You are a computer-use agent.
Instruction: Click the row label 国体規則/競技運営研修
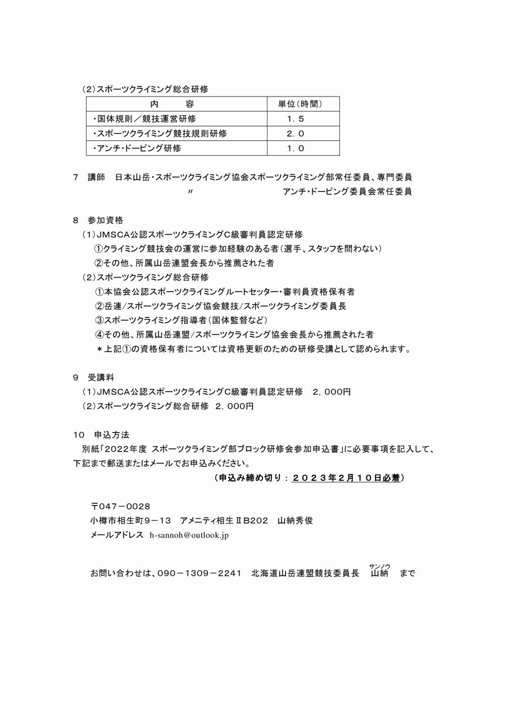144,119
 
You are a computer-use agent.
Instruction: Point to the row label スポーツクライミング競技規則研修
160,134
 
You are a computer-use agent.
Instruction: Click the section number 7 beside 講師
76,177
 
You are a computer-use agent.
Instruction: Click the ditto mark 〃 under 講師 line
191,192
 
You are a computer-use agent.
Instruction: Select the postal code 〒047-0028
120,506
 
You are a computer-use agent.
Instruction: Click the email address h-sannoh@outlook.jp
189,535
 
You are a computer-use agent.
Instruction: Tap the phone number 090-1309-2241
199,574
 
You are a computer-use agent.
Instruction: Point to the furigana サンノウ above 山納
380,566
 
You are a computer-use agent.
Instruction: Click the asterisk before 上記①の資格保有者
99,349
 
